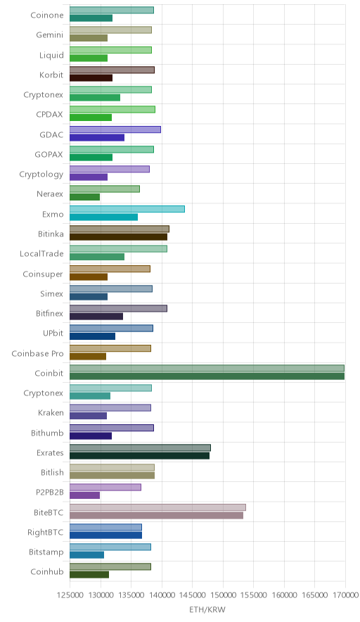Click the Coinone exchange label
point(47,15)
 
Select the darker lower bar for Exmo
point(104,217)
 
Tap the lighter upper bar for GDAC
point(115,129)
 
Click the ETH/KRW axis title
point(207,610)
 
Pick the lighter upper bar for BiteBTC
point(157,507)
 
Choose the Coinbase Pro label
point(38,353)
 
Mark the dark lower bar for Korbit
point(91,77)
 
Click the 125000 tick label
point(70,595)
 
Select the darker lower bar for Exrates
point(139,456)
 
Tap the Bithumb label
point(47,433)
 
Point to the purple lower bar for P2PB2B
point(85,495)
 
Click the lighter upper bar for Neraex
point(105,189)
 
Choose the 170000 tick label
point(345,595)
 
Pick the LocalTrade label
point(41,254)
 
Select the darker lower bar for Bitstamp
point(86,555)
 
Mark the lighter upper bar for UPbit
point(111,329)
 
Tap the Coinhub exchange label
point(47,571)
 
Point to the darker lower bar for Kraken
point(89,416)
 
